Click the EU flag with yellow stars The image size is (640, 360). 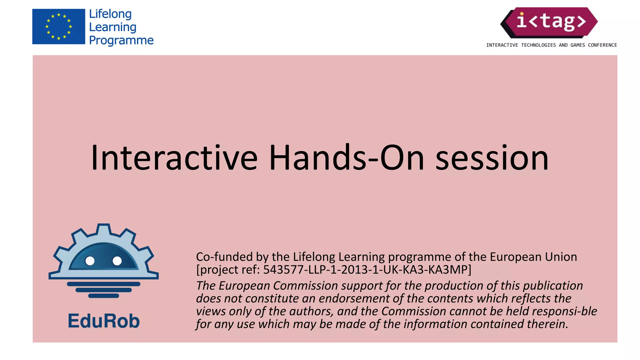point(58,27)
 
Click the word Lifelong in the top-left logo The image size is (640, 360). point(110,14)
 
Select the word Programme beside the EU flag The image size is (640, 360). point(121,40)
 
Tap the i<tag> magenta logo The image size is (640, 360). point(549,22)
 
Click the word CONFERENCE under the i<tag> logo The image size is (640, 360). point(602,45)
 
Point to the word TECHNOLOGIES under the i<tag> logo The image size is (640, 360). point(538,45)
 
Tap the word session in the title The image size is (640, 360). point(492,158)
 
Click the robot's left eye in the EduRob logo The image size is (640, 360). point(90,261)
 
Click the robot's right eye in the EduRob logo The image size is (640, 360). point(117,261)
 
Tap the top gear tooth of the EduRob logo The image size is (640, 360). point(103,229)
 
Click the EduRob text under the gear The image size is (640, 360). point(103,321)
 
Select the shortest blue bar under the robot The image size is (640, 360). point(103,296)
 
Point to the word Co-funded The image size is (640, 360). point(224,257)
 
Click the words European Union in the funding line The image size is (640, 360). point(533,257)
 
